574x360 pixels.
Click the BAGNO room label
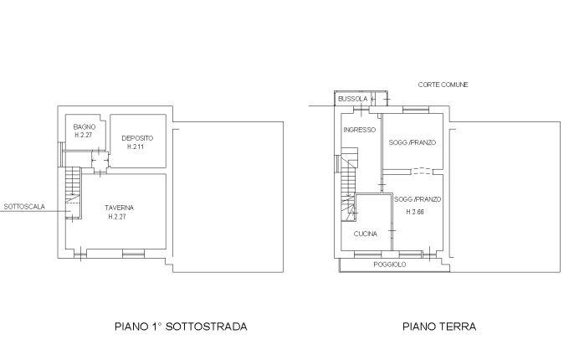(x=85, y=127)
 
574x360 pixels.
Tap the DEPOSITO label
(x=137, y=138)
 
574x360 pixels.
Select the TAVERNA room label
(x=120, y=208)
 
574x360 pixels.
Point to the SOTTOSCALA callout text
(x=24, y=207)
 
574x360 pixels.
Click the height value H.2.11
(x=136, y=147)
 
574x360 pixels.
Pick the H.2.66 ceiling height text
(x=415, y=212)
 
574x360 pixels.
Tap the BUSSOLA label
(x=352, y=99)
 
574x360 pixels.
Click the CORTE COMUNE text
(x=443, y=85)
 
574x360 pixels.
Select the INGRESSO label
(x=360, y=130)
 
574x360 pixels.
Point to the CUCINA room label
(x=366, y=234)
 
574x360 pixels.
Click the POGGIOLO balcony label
(x=390, y=265)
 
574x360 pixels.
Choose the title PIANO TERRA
(x=439, y=327)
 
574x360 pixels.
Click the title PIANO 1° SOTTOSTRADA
(x=181, y=327)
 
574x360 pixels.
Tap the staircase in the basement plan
(x=73, y=193)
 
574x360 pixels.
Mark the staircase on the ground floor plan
(x=349, y=184)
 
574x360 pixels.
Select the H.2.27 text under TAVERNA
(x=117, y=217)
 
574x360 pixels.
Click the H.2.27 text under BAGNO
(x=84, y=135)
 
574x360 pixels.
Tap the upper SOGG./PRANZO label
(x=413, y=142)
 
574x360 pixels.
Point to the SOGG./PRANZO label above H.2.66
(x=418, y=199)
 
